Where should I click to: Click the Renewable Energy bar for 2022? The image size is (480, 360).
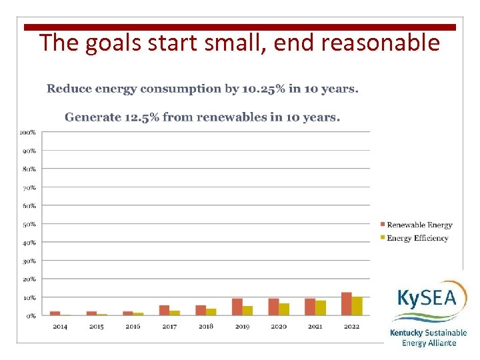pyautogui.click(x=346, y=303)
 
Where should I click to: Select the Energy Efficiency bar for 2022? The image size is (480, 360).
pyautogui.click(x=357, y=306)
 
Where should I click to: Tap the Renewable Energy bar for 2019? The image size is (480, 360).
pyautogui.click(x=237, y=307)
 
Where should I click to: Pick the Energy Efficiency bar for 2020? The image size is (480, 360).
pyautogui.click(x=284, y=309)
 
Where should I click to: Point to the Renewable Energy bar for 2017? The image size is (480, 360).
pyautogui.click(x=164, y=310)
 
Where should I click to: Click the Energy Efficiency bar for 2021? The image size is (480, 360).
pyautogui.click(x=321, y=308)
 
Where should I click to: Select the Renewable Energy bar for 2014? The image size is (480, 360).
pyautogui.click(x=55, y=313)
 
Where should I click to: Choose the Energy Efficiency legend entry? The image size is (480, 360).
pyautogui.click(x=417, y=238)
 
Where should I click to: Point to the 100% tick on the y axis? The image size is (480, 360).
pyautogui.click(x=27, y=132)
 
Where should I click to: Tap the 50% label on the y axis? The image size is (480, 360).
pyautogui.click(x=29, y=224)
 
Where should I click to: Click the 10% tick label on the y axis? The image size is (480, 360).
pyautogui.click(x=29, y=297)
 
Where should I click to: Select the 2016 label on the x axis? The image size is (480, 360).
pyautogui.click(x=133, y=327)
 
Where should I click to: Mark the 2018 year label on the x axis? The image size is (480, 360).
pyautogui.click(x=205, y=327)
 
